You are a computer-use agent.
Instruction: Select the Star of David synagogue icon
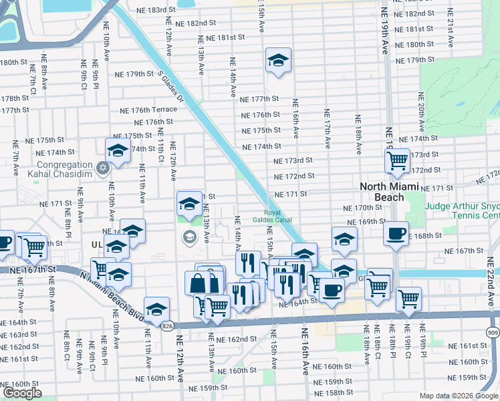pos(102,166)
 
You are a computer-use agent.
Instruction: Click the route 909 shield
pos(492,331)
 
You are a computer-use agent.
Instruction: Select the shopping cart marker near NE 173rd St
pos(397,160)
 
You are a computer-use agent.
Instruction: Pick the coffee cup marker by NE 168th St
pos(396,234)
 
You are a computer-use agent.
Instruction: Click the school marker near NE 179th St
pos(278,61)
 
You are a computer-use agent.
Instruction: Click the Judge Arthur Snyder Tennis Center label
pos(461,211)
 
